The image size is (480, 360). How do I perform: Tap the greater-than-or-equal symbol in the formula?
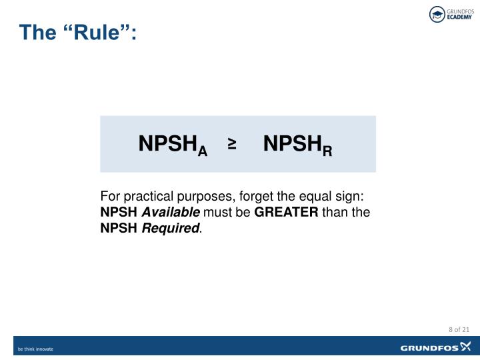(233, 143)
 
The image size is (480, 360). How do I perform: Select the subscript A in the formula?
(202, 152)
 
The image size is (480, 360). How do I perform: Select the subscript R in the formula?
(327, 152)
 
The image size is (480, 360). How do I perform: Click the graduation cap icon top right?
(437, 15)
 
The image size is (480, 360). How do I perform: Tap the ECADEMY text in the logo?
(459, 19)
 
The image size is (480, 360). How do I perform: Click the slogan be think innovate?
(35, 349)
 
